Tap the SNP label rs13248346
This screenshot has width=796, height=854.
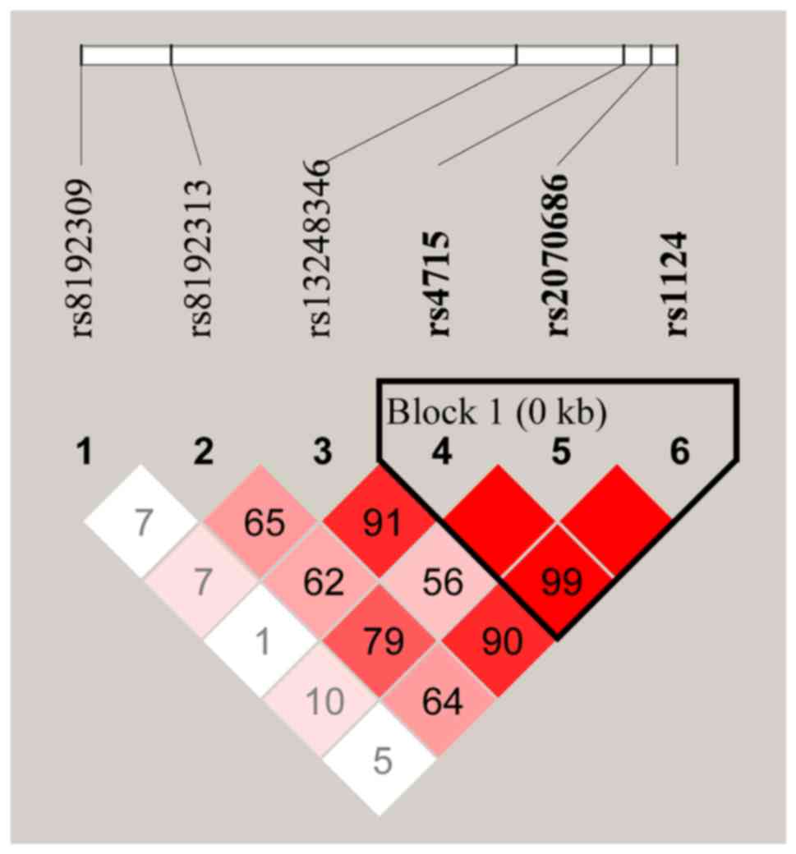pyautogui.click(x=320, y=248)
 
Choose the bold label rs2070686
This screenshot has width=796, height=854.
pyautogui.click(x=559, y=255)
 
